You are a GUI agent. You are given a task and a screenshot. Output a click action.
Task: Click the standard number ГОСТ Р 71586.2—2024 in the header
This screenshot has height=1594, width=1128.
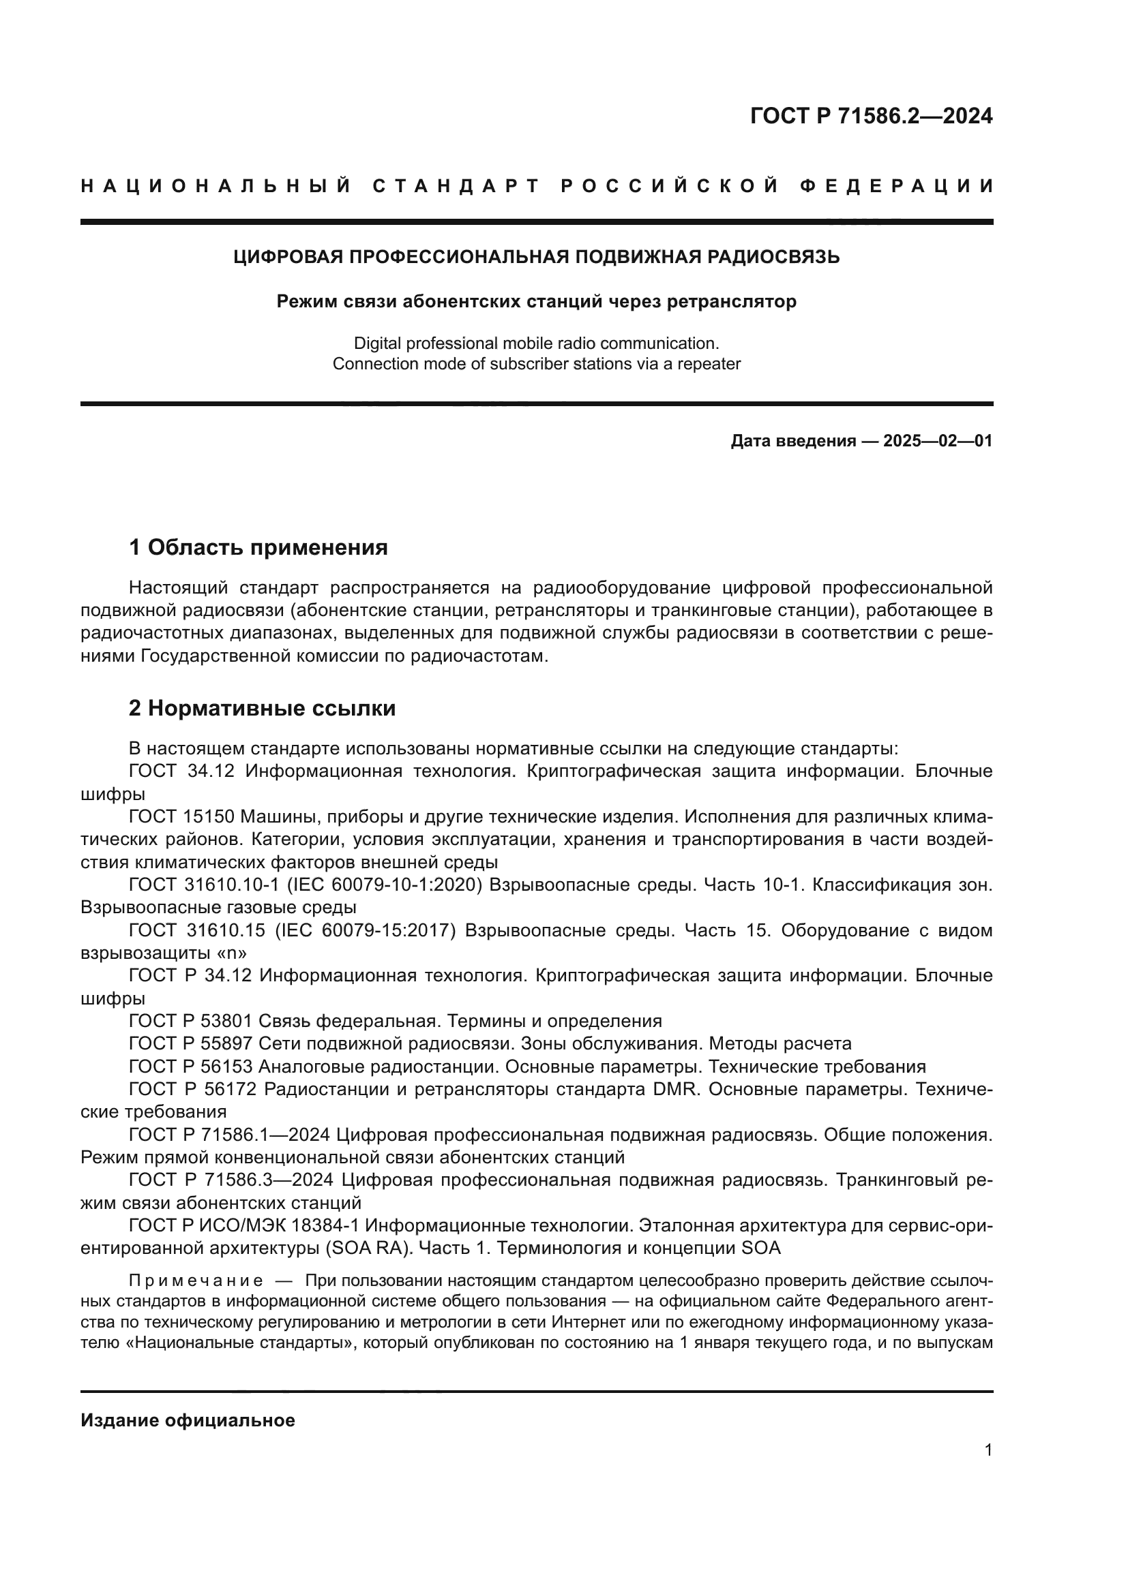click(x=871, y=116)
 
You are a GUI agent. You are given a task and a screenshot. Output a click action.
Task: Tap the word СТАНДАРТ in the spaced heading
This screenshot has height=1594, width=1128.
click(x=456, y=186)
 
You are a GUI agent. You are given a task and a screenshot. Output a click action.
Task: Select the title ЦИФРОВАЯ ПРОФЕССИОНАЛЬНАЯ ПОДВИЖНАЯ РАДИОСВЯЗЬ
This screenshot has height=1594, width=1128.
click(x=536, y=258)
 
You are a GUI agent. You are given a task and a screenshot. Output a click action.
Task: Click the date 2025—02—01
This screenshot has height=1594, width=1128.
click(x=938, y=441)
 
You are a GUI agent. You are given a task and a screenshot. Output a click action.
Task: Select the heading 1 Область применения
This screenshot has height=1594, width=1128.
click(x=258, y=548)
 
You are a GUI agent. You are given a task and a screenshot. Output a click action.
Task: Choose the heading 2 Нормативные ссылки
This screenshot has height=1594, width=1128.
click(x=263, y=708)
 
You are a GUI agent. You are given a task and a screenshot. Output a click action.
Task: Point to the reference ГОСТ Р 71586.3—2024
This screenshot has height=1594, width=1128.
click(x=231, y=1180)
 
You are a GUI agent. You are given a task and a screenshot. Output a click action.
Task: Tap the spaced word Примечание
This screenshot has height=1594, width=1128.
click(x=195, y=1281)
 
